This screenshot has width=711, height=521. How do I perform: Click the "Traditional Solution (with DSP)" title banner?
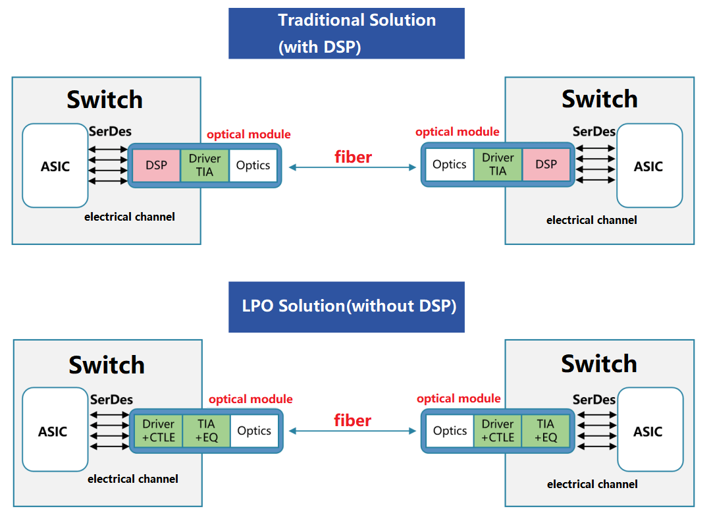click(x=346, y=33)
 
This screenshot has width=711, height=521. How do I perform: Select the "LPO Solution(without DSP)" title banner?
click(x=346, y=307)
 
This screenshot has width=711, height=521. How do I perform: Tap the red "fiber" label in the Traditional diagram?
click(x=353, y=157)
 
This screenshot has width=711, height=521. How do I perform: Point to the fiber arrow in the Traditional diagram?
click(x=353, y=168)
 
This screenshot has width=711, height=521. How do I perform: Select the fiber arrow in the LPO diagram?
click(x=353, y=431)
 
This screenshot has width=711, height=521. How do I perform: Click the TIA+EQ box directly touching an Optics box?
click(x=206, y=431)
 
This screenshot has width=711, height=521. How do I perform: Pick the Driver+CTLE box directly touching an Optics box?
click(x=498, y=431)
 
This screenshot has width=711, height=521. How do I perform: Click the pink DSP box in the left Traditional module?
click(x=157, y=165)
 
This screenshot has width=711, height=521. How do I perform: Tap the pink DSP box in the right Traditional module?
click(x=546, y=165)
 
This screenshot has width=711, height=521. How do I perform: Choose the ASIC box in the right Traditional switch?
click(x=648, y=166)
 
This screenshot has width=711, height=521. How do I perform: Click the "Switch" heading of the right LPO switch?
click(x=599, y=364)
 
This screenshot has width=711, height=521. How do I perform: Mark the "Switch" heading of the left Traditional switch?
click(x=105, y=100)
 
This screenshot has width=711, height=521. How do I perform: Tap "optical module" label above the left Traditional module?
click(x=248, y=134)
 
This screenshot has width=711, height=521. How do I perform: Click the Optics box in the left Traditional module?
click(x=253, y=165)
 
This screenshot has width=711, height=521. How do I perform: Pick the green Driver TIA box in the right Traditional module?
click(x=498, y=165)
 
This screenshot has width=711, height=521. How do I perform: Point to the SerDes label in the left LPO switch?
click(x=111, y=399)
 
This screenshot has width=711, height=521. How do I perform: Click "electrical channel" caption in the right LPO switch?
click(x=592, y=484)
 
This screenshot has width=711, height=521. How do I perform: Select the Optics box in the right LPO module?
click(x=450, y=431)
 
